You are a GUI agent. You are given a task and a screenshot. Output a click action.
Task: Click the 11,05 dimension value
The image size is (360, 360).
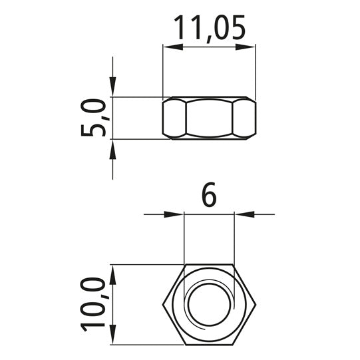coord(210,29)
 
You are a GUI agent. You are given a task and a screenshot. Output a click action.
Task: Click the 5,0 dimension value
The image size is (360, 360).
coord(93,118)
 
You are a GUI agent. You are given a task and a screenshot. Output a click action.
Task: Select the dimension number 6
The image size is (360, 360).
coord(209,194)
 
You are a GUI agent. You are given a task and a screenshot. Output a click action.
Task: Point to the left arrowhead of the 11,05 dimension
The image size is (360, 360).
coord(173,47)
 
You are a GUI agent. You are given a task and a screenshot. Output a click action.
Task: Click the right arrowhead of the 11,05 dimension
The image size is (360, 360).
coord(246,47)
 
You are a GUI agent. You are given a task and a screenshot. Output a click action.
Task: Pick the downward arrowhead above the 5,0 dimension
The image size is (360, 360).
coord(112,87)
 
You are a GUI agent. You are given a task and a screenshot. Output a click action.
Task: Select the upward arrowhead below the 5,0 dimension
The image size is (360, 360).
coord(112,150)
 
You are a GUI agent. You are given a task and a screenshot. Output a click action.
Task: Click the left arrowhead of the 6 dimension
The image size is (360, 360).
coord(174,214)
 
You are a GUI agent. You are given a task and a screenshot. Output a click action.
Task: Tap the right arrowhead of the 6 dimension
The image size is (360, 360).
coord(244,214)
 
